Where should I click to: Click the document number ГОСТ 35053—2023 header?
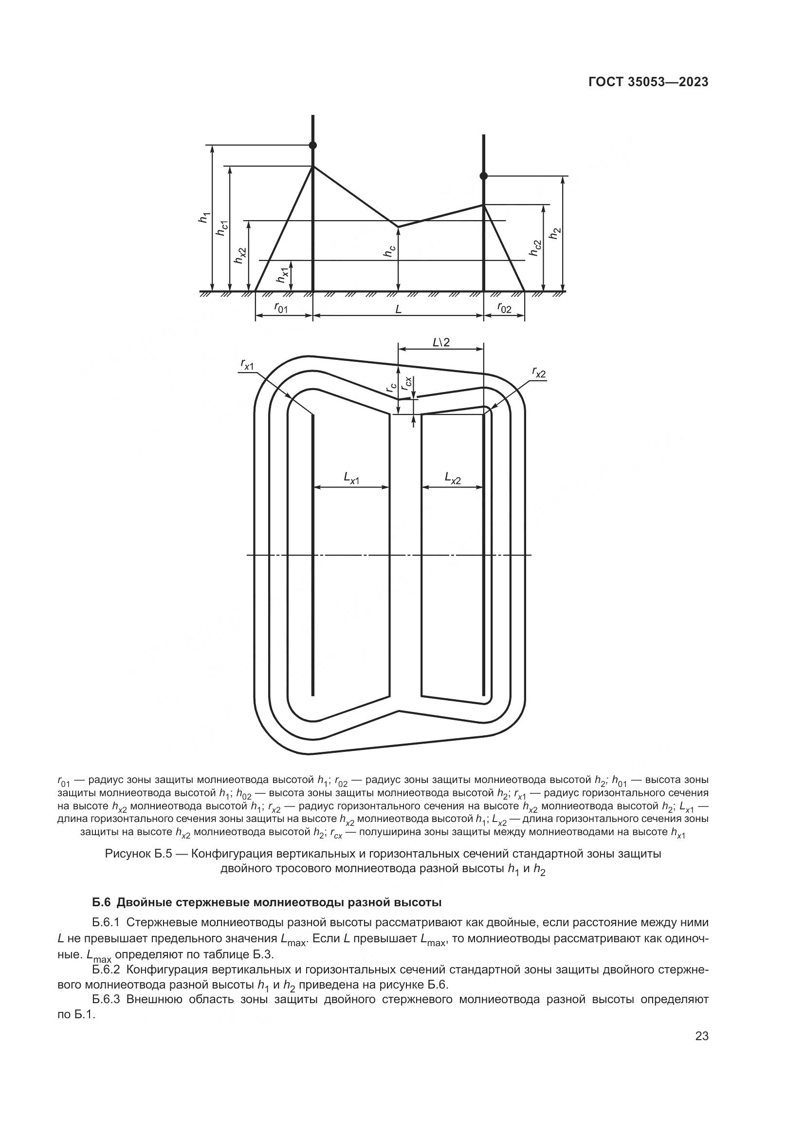(x=648, y=82)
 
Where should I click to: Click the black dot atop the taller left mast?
(x=312, y=145)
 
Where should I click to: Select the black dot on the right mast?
(x=484, y=176)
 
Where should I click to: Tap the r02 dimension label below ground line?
(x=504, y=309)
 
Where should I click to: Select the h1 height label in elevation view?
(x=204, y=217)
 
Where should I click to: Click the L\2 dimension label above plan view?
(x=440, y=342)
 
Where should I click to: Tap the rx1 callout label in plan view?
(x=247, y=365)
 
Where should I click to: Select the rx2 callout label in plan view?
(x=539, y=372)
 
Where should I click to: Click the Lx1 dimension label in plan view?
(x=351, y=478)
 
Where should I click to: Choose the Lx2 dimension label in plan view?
(x=452, y=478)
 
